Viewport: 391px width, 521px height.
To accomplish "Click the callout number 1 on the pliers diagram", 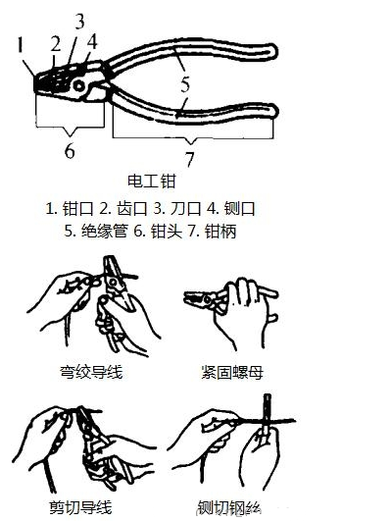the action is [21, 45].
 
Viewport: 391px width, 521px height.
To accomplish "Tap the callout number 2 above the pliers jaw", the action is [56, 42].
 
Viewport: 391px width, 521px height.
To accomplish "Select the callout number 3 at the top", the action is [79, 21].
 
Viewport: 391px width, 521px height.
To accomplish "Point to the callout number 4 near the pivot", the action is [92, 41].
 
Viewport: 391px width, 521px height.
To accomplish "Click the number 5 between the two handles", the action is [185, 84].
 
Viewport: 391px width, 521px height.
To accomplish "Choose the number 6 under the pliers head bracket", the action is [70, 151].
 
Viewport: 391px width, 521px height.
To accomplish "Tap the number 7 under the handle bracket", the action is [189, 159].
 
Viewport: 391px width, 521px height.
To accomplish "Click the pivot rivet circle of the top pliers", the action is [79, 86].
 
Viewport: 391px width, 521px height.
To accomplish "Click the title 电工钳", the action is [151, 182].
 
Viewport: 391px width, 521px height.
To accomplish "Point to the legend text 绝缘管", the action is [104, 231].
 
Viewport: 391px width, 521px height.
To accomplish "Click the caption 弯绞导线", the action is [91, 372].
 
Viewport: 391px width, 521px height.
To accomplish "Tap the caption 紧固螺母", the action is [232, 372].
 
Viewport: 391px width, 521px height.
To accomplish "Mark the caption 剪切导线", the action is [80, 507].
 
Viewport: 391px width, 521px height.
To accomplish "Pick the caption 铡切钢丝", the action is [229, 507].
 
